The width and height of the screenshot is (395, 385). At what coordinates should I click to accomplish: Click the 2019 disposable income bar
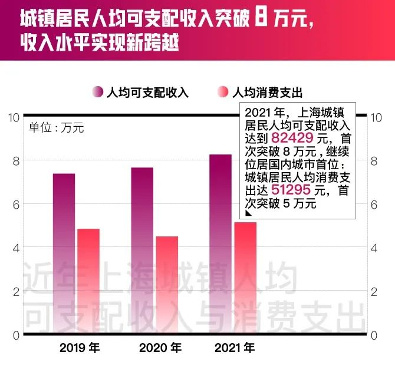coord(64,254)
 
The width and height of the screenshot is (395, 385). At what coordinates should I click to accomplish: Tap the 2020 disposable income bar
coord(142,251)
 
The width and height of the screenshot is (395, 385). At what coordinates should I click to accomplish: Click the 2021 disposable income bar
coord(220,244)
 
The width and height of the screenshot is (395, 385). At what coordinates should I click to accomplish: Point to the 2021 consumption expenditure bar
coord(245,278)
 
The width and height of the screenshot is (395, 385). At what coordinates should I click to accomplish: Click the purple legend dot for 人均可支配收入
coord(97,92)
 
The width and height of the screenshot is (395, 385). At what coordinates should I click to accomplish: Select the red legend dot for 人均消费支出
coord(222,92)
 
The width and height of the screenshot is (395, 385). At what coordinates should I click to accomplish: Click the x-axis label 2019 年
coord(80,348)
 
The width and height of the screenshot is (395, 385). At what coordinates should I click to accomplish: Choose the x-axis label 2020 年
coord(159,348)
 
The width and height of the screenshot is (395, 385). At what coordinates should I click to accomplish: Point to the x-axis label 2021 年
coord(235,348)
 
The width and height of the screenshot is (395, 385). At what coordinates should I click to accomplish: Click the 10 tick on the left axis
coord(13,117)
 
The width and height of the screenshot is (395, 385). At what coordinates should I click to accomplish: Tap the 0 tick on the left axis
coord(16,335)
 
